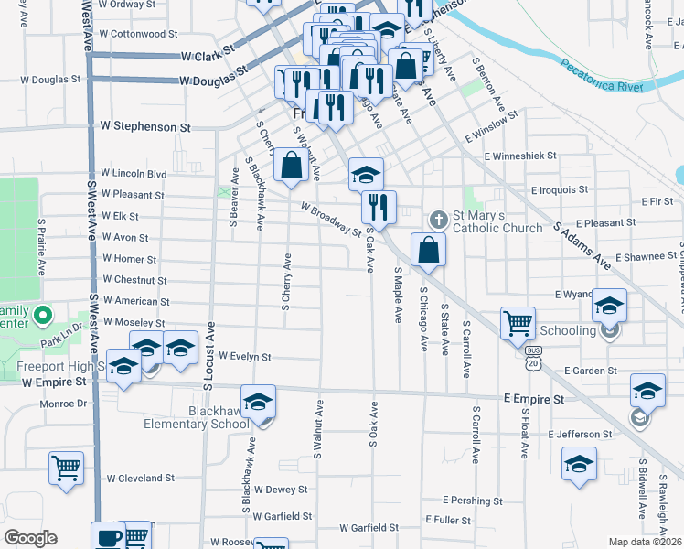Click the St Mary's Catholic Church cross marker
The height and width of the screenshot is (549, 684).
coord(438,220)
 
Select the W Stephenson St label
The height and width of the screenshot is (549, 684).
coord(145,125)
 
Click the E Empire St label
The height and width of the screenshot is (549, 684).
coord(533,400)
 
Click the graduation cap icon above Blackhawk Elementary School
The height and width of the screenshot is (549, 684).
coord(258,401)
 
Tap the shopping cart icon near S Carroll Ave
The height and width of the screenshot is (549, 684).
coord(518,322)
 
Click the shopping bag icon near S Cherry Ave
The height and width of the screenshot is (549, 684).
coord(291,166)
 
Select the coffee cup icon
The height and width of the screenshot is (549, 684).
coord(108,536)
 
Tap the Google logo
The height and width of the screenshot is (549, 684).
coord(31,538)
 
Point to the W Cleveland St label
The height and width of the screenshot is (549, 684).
coord(140,478)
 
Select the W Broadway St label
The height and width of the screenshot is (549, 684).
coord(332,218)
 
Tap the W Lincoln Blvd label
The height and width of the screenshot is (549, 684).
coord(134,173)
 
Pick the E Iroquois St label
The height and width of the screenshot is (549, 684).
coord(560,189)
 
